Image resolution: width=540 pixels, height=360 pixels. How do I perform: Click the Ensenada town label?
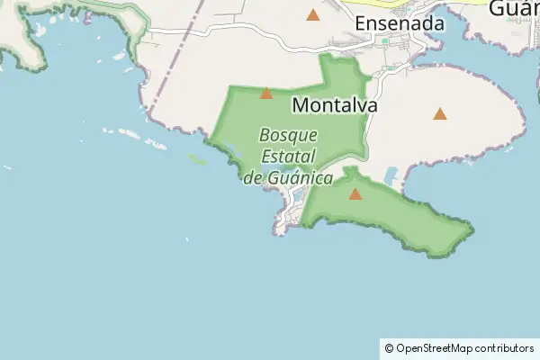[400, 23]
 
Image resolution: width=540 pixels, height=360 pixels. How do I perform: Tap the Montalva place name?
[334, 105]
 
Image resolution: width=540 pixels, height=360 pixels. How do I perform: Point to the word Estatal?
[287, 157]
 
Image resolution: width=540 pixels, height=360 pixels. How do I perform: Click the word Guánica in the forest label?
[301, 177]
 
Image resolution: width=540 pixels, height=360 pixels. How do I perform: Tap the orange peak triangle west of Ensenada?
[312, 14]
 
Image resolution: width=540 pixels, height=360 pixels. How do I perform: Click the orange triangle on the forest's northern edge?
[265, 93]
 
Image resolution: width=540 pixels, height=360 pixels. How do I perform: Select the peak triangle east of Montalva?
[439, 113]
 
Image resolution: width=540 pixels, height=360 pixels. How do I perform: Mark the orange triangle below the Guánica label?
[355, 193]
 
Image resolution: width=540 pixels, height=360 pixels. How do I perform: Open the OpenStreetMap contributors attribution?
[464, 347]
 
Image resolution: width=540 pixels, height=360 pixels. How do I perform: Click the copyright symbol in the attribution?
[389, 347]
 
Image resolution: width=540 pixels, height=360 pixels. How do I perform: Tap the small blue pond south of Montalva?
[392, 176]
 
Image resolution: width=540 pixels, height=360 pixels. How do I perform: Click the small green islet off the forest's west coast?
[197, 160]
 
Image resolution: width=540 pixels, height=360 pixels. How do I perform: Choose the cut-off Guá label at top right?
[513, 9]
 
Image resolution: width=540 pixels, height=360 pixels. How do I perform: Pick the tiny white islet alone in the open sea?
[187, 239]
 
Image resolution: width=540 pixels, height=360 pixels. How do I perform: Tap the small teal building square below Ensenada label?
[385, 40]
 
